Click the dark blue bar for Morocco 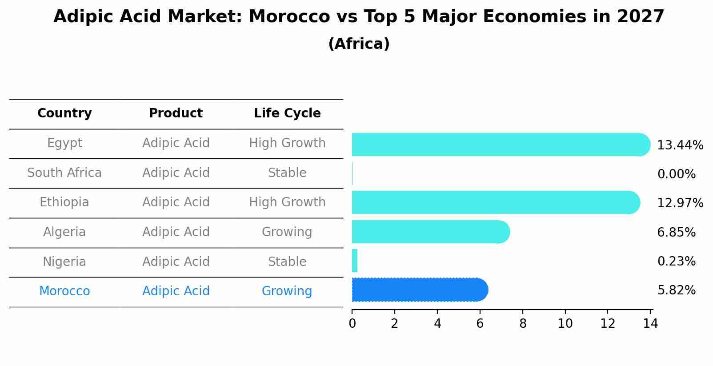[419, 290]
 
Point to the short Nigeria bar [355, 261]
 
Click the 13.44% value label [680, 145]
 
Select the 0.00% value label [676, 174]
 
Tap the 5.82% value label [676, 290]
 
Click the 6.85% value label [676, 232]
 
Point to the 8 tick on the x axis [523, 323]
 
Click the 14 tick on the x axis [650, 323]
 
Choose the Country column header [64, 113]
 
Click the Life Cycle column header [287, 113]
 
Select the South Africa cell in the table [64, 173]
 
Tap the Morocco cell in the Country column [64, 291]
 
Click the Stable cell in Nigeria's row [287, 262]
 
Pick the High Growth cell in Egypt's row [287, 143]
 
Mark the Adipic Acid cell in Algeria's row [176, 232]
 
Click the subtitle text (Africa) [359, 44]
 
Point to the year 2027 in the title [640, 17]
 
